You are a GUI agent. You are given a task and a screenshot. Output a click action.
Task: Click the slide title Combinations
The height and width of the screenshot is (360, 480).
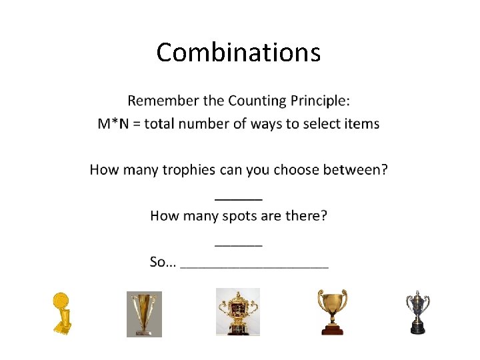(238, 52)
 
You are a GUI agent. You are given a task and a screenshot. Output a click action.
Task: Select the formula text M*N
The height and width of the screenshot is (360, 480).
(113, 123)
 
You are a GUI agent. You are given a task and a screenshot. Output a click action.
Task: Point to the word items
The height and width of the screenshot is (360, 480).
(362, 123)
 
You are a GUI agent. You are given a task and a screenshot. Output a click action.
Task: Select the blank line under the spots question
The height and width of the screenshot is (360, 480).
(238, 245)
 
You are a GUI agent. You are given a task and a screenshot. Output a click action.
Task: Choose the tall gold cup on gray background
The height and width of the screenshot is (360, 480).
(144, 313)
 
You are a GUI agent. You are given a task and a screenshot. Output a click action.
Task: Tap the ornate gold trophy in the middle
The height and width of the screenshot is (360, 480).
(237, 312)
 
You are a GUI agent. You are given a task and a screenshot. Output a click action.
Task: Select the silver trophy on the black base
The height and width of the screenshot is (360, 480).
(417, 311)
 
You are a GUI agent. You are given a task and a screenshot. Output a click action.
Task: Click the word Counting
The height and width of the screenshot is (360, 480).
(257, 101)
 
